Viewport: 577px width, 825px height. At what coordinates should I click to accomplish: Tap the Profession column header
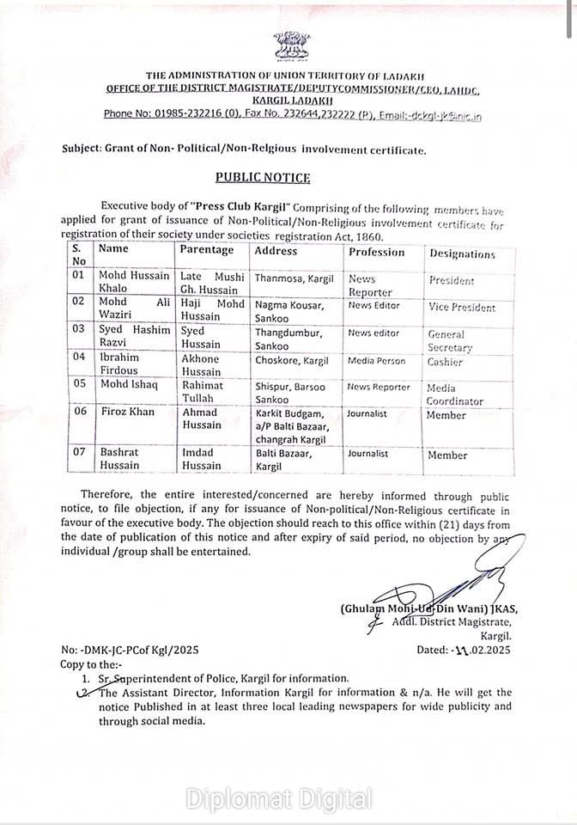(376, 252)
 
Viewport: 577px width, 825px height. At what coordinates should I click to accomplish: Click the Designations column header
(462, 254)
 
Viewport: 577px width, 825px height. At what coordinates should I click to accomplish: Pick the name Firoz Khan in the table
(122, 412)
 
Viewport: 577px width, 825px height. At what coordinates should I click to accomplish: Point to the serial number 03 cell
(79, 331)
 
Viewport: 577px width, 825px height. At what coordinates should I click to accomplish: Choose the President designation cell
(451, 280)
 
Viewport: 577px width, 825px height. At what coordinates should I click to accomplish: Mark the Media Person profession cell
(376, 361)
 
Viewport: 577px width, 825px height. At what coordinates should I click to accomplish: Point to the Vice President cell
(462, 307)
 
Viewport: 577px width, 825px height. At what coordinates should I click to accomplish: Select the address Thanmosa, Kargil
(292, 278)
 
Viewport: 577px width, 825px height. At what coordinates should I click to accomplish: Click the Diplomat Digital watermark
(279, 798)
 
